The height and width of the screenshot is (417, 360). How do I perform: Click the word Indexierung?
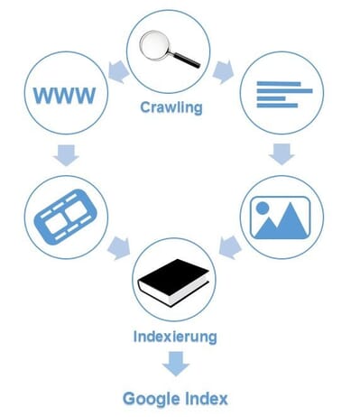173,338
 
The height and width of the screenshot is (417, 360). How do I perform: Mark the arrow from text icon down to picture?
281,155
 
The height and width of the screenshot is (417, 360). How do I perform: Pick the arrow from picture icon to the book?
231,245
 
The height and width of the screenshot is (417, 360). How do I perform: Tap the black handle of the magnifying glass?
187,58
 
